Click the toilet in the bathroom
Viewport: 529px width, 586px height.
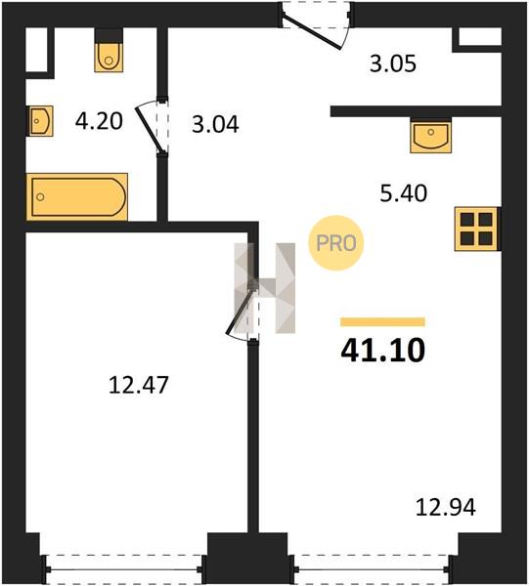pos(109,57)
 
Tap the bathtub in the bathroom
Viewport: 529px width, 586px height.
pos(77,197)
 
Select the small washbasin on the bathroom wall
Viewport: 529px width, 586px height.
pos(40,121)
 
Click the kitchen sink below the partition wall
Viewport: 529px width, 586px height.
pos(430,136)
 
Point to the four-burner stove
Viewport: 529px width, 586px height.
pos(476,229)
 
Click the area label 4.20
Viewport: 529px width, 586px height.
pos(99,121)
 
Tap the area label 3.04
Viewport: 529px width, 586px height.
pos(215,124)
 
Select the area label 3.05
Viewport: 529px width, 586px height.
pos(393,63)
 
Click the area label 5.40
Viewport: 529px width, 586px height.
pos(403,193)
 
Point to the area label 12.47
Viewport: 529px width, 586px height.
pos(139,385)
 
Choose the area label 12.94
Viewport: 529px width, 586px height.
pos(446,508)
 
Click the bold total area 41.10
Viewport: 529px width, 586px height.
pos(383,351)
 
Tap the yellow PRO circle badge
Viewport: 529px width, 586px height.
pos(336,243)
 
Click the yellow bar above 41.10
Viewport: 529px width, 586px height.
pos(382,321)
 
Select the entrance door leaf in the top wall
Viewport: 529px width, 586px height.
pos(312,32)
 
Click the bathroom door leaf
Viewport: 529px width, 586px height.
pos(149,130)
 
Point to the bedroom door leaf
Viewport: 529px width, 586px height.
pos(241,311)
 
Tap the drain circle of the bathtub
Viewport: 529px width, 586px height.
pos(40,197)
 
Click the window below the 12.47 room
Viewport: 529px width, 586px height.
pos(124,569)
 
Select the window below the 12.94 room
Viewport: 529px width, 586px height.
pos(372,569)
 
